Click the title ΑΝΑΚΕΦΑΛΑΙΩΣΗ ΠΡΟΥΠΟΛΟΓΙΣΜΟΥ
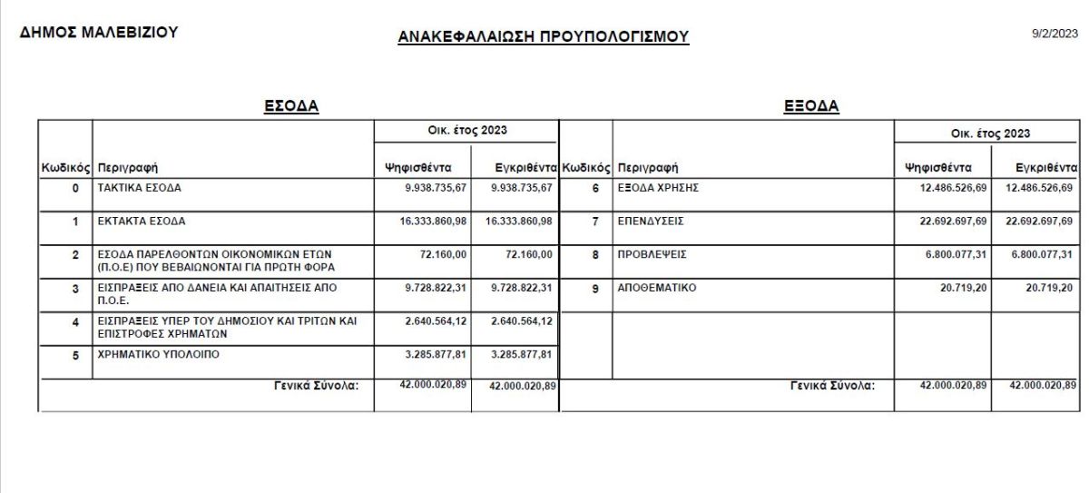click(x=543, y=36)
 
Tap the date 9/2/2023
click(x=1055, y=34)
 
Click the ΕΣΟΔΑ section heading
click(x=290, y=106)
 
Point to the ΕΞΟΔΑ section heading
click(x=810, y=106)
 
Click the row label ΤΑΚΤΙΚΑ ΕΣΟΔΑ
click(x=139, y=188)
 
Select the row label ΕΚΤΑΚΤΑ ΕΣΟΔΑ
click(x=142, y=221)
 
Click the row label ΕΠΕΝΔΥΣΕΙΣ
click(x=650, y=221)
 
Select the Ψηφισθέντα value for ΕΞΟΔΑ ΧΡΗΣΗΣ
click(x=951, y=188)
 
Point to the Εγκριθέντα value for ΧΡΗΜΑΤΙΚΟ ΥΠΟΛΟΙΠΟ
click(x=521, y=354)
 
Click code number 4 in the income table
click(x=76, y=321)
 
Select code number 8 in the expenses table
click(x=595, y=255)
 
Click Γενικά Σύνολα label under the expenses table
click(x=832, y=385)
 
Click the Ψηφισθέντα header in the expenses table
click(x=938, y=167)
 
